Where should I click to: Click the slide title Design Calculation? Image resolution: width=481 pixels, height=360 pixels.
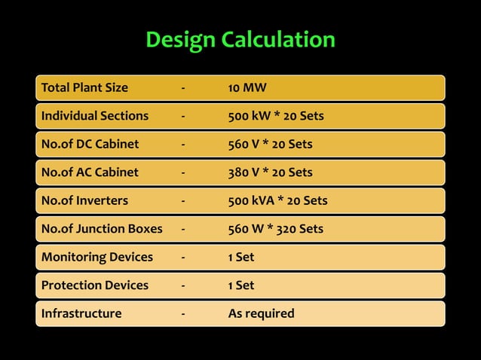pos(240,39)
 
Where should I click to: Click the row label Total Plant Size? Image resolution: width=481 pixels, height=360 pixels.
pos(84,87)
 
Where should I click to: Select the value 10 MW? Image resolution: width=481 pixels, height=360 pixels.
pos(247,87)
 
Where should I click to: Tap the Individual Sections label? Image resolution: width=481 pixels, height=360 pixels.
pos(95,116)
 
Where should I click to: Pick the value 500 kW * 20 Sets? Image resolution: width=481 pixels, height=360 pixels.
pos(276,116)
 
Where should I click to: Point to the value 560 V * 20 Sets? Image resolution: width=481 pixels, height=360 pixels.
pos(270,144)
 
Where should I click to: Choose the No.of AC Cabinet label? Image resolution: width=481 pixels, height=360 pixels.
pos(90,172)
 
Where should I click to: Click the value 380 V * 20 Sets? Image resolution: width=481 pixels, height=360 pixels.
pos(270,172)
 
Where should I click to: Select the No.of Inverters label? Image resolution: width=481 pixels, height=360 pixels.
pos(84,200)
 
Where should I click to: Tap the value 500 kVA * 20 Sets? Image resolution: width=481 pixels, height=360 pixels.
pos(277,200)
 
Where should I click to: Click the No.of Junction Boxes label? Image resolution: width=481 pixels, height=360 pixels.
pos(102,229)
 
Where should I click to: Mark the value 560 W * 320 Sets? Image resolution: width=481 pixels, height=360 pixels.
pos(275,229)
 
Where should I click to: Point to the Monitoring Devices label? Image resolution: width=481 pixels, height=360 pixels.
pos(97,257)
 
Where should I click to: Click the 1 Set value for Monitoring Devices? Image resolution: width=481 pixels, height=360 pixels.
pos(241,257)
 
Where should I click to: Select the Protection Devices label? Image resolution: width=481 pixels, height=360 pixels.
pos(95,285)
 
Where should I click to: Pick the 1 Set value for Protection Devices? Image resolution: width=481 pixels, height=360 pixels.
pos(241,285)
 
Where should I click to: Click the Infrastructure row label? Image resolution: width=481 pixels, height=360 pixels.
pos(81,313)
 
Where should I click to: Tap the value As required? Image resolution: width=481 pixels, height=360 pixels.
pos(261,313)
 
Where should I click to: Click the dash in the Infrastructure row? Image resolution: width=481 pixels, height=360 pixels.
pos(182,314)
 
